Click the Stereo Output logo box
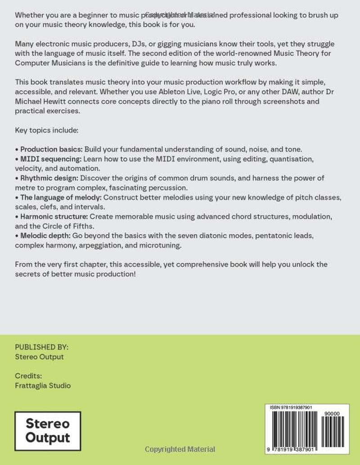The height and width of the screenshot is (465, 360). point(48,431)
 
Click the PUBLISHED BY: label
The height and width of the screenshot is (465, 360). point(41,347)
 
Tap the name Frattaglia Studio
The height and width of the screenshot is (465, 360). point(43,385)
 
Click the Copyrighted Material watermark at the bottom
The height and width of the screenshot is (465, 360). point(180,449)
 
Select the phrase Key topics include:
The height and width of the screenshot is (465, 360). point(47,130)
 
